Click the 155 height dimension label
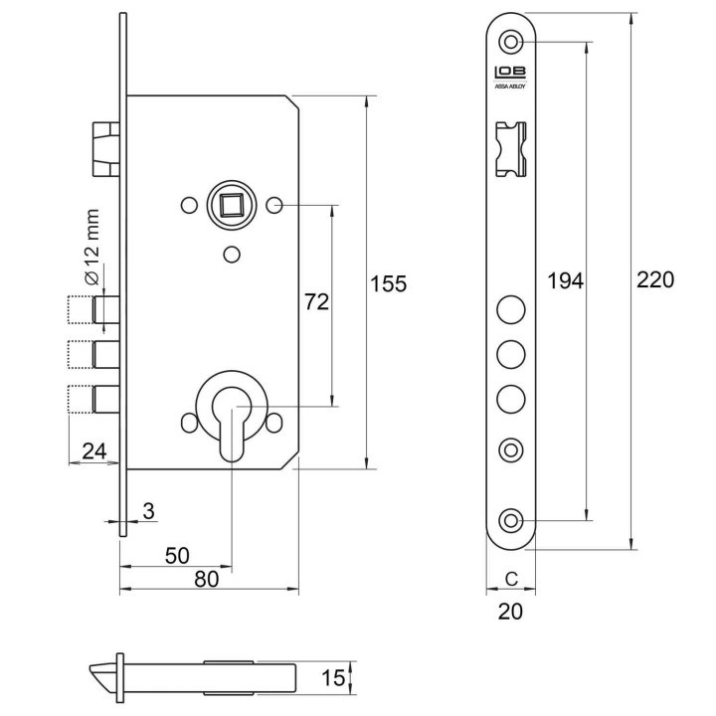pyautogui.click(x=388, y=283)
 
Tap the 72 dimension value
pyautogui.click(x=316, y=302)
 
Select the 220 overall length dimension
pyautogui.click(x=654, y=279)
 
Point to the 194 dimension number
pyautogui.click(x=565, y=280)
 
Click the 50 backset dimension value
pyautogui.click(x=177, y=556)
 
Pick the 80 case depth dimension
pyautogui.click(x=207, y=579)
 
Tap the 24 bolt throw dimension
pyautogui.click(x=94, y=451)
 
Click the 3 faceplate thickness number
pyautogui.click(x=148, y=511)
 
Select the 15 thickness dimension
pyautogui.click(x=333, y=678)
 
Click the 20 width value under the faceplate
pyautogui.click(x=510, y=612)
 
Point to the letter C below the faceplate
pyautogui.click(x=511, y=579)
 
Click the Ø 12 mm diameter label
pyautogui.click(x=91, y=247)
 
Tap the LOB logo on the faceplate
pyautogui.click(x=510, y=73)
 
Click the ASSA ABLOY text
pyautogui.click(x=510, y=87)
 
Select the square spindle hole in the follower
pyautogui.click(x=232, y=205)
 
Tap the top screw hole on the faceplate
pyautogui.click(x=510, y=42)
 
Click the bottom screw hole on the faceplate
pyautogui.click(x=510, y=520)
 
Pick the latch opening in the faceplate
pyautogui.click(x=510, y=149)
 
